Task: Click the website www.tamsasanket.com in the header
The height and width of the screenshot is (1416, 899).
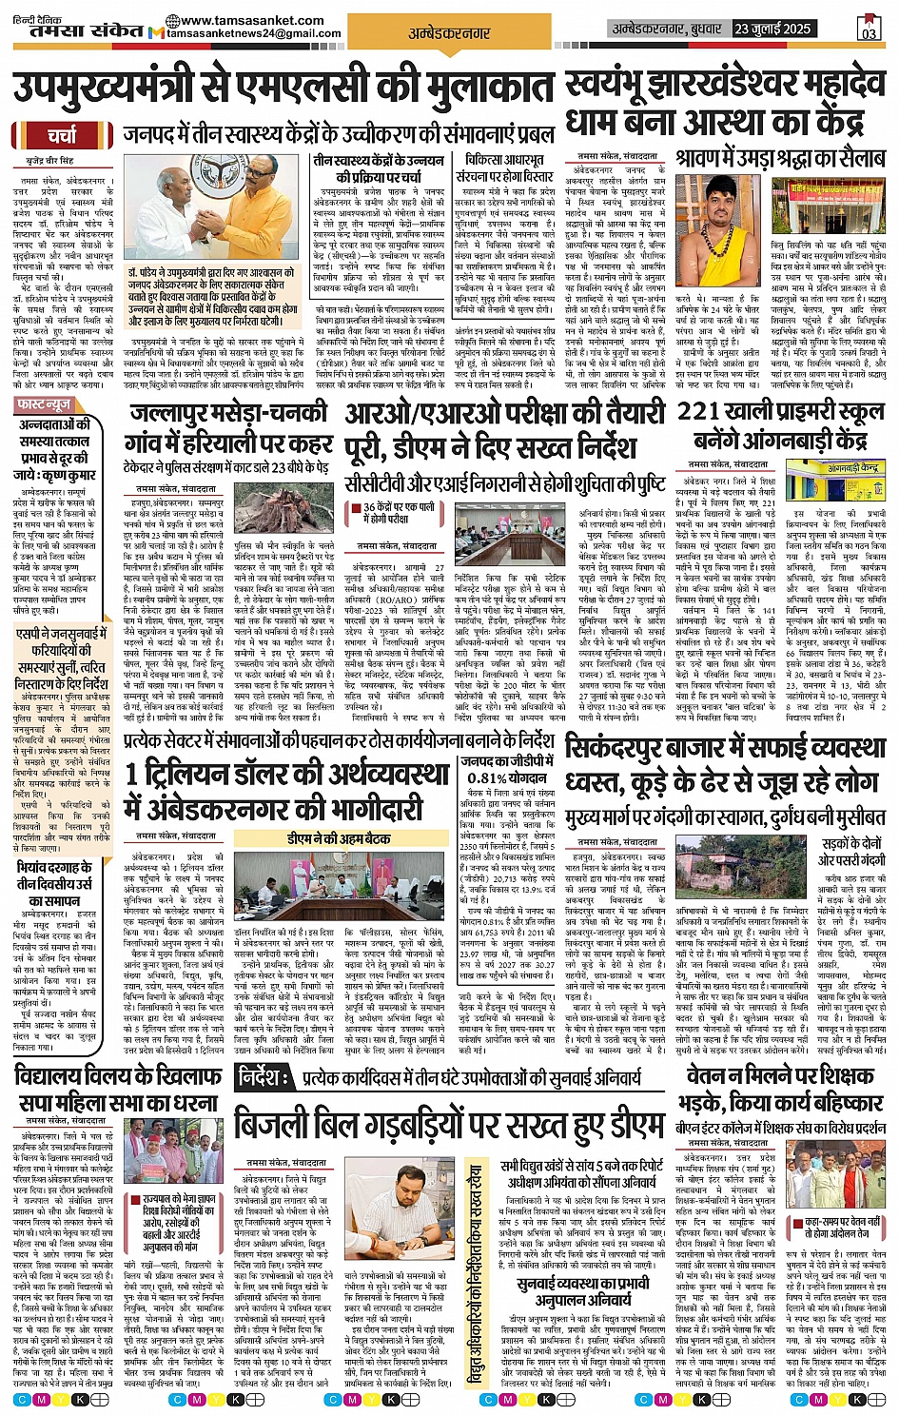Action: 252,20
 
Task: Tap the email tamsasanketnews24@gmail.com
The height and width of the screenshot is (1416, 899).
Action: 252,33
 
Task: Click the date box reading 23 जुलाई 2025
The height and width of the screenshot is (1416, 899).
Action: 774,29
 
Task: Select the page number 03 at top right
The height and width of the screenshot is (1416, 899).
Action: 868,32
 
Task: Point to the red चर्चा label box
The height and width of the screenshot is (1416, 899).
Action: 64,136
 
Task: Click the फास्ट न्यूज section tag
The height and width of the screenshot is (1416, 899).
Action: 45,405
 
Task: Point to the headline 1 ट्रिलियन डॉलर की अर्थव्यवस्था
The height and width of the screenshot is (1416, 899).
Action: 285,775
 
